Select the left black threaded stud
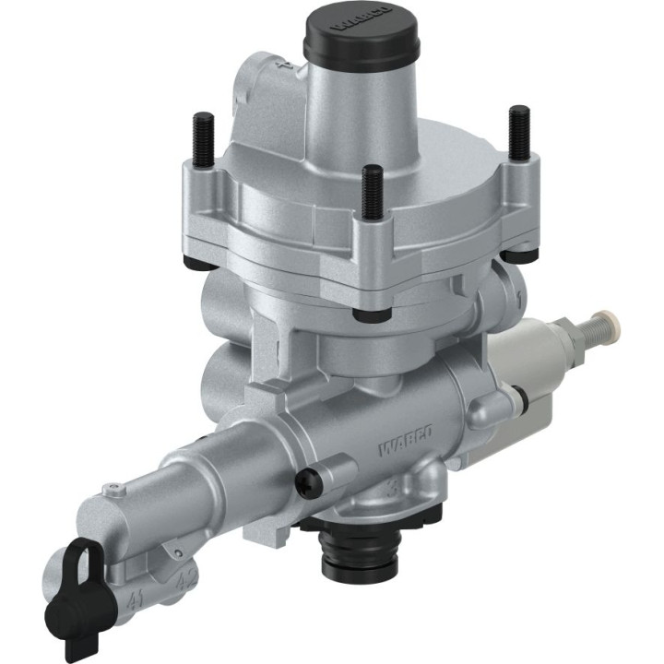point(202,137)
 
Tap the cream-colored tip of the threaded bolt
point(610,325)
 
